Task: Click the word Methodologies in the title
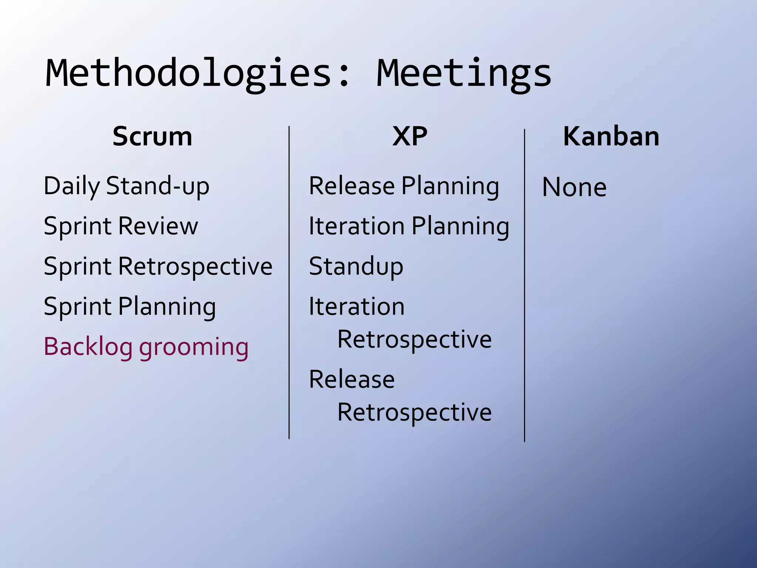point(189,74)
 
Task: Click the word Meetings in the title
point(464,74)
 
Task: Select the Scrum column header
point(152,136)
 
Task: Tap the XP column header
point(410,136)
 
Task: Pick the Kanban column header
point(611,136)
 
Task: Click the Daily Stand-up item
point(126,186)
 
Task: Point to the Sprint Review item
point(121,226)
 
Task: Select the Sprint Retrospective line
point(158,266)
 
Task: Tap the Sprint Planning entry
point(130,307)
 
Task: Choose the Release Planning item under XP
point(404,186)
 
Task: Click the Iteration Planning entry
point(409,226)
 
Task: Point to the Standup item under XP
point(356,266)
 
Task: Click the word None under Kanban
point(574,187)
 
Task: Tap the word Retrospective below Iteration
point(414,339)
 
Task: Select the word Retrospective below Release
point(414,412)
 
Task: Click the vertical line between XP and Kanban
point(525,285)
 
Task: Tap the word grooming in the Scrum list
point(194,348)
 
